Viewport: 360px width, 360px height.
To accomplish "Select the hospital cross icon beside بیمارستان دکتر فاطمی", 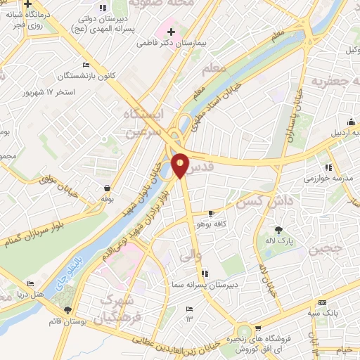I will [172, 31].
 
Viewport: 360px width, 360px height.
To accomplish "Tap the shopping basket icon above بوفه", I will [107, 188].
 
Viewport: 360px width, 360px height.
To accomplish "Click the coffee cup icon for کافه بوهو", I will [212, 213].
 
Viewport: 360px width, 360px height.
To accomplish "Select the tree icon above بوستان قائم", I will [67, 310].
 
